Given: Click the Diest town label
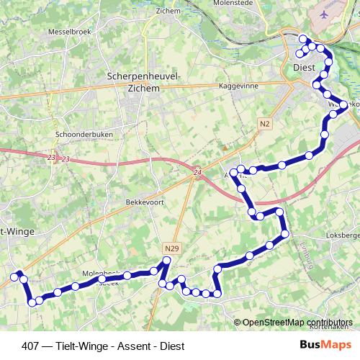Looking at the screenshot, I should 305,68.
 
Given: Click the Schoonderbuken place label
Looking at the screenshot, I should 80,134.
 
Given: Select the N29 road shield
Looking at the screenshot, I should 171,248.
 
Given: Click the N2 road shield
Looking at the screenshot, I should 266,124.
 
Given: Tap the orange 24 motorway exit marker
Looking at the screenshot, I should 197,173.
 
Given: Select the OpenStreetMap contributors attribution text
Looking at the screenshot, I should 297,323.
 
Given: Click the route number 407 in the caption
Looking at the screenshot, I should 31,346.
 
